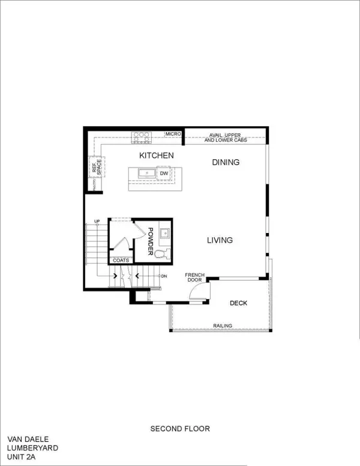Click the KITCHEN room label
point(157,156)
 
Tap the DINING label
point(226,162)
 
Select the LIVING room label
point(220,241)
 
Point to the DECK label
point(238,303)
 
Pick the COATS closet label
point(121,261)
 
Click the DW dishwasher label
point(164,174)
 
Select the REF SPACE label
point(96,167)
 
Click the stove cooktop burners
point(141,136)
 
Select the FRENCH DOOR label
point(195,277)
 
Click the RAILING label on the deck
point(222,326)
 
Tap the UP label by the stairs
point(97,222)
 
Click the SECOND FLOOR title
point(180,429)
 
